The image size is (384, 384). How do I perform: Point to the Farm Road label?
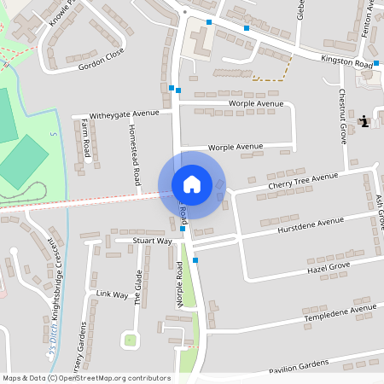pyautogui.click(x=86, y=137)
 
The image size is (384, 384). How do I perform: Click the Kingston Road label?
pyautogui.click(x=347, y=62)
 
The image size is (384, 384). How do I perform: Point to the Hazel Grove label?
pyautogui.click(x=329, y=268)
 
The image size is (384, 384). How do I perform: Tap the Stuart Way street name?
pyautogui.click(x=152, y=241)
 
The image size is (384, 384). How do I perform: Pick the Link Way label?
pyautogui.click(x=112, y=294)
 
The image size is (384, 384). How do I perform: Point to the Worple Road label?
pyautogui.click(x=180, y=285)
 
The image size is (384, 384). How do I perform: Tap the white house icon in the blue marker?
pyautogui.click(x=191, y=184)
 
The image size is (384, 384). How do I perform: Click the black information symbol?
pyautogui.click(x=364, y=122)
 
